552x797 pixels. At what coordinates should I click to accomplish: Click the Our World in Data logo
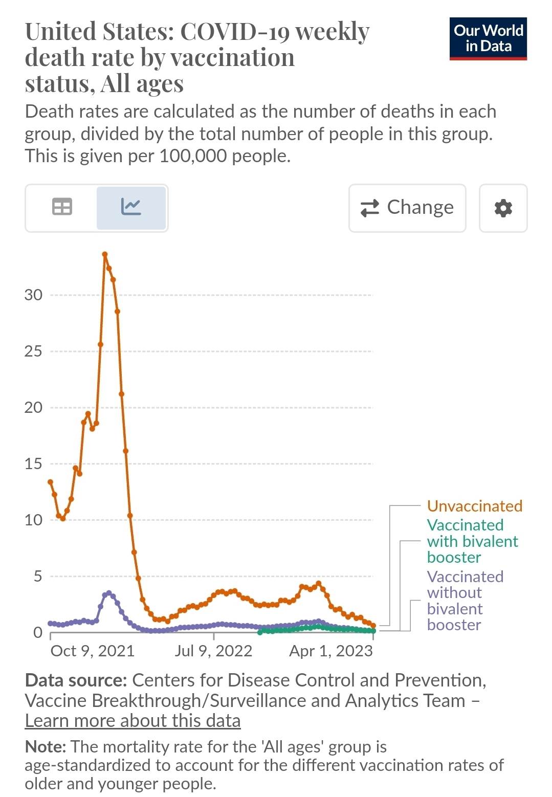coord(488,39)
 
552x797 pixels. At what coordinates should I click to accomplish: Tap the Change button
coord(407,208)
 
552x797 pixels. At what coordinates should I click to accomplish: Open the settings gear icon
coord(503,208)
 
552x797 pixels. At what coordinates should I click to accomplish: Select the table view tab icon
coord(62,207)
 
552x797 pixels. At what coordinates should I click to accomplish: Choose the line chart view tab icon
coord(131,207)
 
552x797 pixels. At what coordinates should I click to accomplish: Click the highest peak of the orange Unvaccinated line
coord(105,254)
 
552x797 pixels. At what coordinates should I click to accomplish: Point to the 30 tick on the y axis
coord(33,295)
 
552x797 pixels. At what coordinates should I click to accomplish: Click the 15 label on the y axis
coord(33,464)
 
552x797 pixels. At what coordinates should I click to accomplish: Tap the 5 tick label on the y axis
coord(38,577)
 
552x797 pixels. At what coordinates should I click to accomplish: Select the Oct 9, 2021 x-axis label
coord(92,651)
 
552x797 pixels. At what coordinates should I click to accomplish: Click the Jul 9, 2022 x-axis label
coord(213,651)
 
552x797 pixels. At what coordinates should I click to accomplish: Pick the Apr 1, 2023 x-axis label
coord(330,651)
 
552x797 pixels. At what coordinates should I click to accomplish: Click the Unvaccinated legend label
coord(474,506)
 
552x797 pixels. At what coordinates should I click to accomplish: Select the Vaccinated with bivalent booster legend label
coord(472,541)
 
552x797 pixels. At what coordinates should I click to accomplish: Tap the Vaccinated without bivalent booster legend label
coord(465,601)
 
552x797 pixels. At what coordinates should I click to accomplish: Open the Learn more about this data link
coord(133,720)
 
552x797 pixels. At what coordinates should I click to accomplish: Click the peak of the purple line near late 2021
coord(108,593)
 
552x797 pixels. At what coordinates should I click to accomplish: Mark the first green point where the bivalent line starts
coord(260,632)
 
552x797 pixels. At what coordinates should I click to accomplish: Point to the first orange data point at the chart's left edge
coord(50,482)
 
